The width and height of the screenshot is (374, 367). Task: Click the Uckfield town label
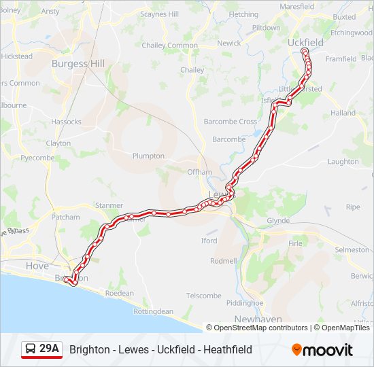(x=305, y=42)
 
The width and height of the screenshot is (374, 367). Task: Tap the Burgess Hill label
(x=78, y=64)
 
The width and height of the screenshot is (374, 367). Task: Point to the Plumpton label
(x=148, y=156)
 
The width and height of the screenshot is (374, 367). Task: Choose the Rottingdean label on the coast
(x=153, y=311)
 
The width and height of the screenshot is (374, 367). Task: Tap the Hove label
(x=37, y=266)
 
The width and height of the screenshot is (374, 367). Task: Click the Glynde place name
(x=278, y=221)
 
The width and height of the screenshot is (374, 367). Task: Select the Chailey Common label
(x=169, y=46)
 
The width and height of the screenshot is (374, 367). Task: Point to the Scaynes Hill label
(x=158, y=14)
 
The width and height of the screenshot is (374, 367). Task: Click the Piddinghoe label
(x=244, y=302)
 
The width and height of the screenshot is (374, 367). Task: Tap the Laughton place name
(x=343, y=162)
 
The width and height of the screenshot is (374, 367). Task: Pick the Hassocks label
(x=66, y=122)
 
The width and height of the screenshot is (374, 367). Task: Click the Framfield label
(x=341, y=59)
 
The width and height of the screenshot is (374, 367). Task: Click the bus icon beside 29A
(x=31, y=349)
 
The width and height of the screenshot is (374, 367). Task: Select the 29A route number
(x=49, y=349)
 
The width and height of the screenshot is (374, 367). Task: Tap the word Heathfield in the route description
(x=228, y=349)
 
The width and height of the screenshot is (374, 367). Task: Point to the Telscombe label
(x=204, y=296)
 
